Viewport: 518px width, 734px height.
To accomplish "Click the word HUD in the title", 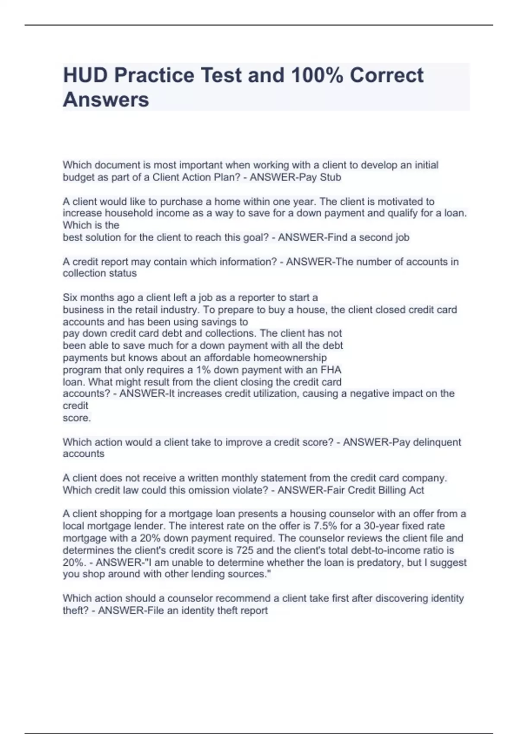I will pos(85,75).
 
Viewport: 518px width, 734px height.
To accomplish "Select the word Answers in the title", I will pos(106,100).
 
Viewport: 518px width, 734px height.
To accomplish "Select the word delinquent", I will pos(437,442).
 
